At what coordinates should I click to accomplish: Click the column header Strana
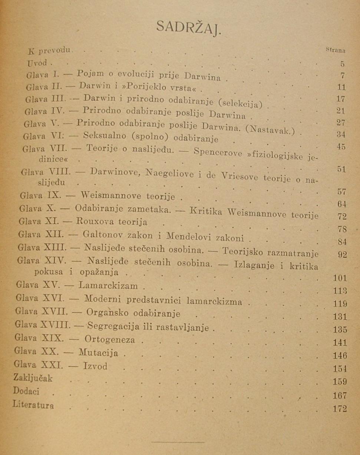click(336, 49)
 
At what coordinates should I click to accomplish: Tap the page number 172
click(339, 409)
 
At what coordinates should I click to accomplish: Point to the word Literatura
click(33, 404)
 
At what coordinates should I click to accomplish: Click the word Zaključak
click(33, 378)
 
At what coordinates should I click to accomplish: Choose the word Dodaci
click(26, 391)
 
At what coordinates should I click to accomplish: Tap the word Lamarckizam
click(108, 286)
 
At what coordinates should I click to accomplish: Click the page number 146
click(339, 356)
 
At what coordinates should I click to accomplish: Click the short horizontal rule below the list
click(178, 442)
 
